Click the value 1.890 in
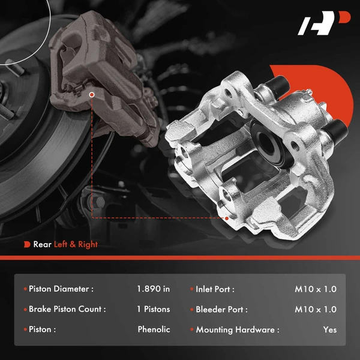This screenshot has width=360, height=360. pos(153,289)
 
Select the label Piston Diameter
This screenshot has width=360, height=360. pos(61,289)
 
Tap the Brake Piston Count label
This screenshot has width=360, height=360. pos(67,309)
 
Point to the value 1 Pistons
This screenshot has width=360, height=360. pos(153,309)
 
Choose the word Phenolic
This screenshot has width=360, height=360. pos(154,329)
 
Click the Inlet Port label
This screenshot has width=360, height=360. pos(215,289)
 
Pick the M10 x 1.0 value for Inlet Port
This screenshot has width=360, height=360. pos(316,289)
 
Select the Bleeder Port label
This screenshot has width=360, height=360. pos(220,309)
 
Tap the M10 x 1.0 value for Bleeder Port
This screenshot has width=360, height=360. pos(316,309)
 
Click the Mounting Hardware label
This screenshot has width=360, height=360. pos(237,329)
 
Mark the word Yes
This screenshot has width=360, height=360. pos(329,329)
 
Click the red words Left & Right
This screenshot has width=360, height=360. pos(76,244)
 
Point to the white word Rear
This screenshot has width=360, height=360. pos(42,244)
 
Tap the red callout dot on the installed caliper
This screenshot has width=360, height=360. pos(92,94)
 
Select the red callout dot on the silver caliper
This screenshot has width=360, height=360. pos(227,218)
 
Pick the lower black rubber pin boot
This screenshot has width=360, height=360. pos(338,127)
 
